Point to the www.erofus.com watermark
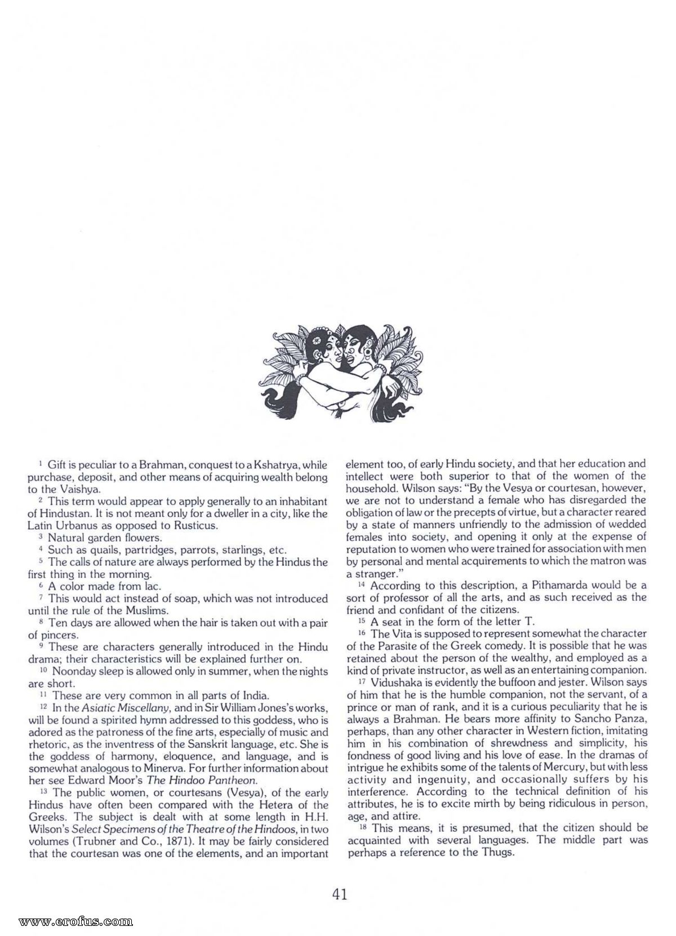75,921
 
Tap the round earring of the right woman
370,358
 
